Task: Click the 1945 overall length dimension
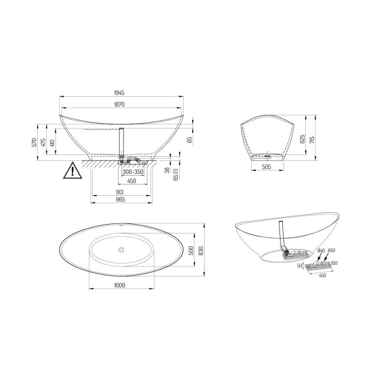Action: [x=119, y=93]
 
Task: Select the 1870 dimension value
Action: [x=119, y=104]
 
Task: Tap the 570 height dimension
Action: [x=34, y=142]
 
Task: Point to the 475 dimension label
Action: [x=43, y=142]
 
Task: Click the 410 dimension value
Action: [x=52, y=143]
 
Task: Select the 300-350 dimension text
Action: [x=133, y=172]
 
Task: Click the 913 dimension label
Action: [x=120, y=192]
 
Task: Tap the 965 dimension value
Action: [x=120, y=199]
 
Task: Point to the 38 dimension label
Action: [x=167, y=170]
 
